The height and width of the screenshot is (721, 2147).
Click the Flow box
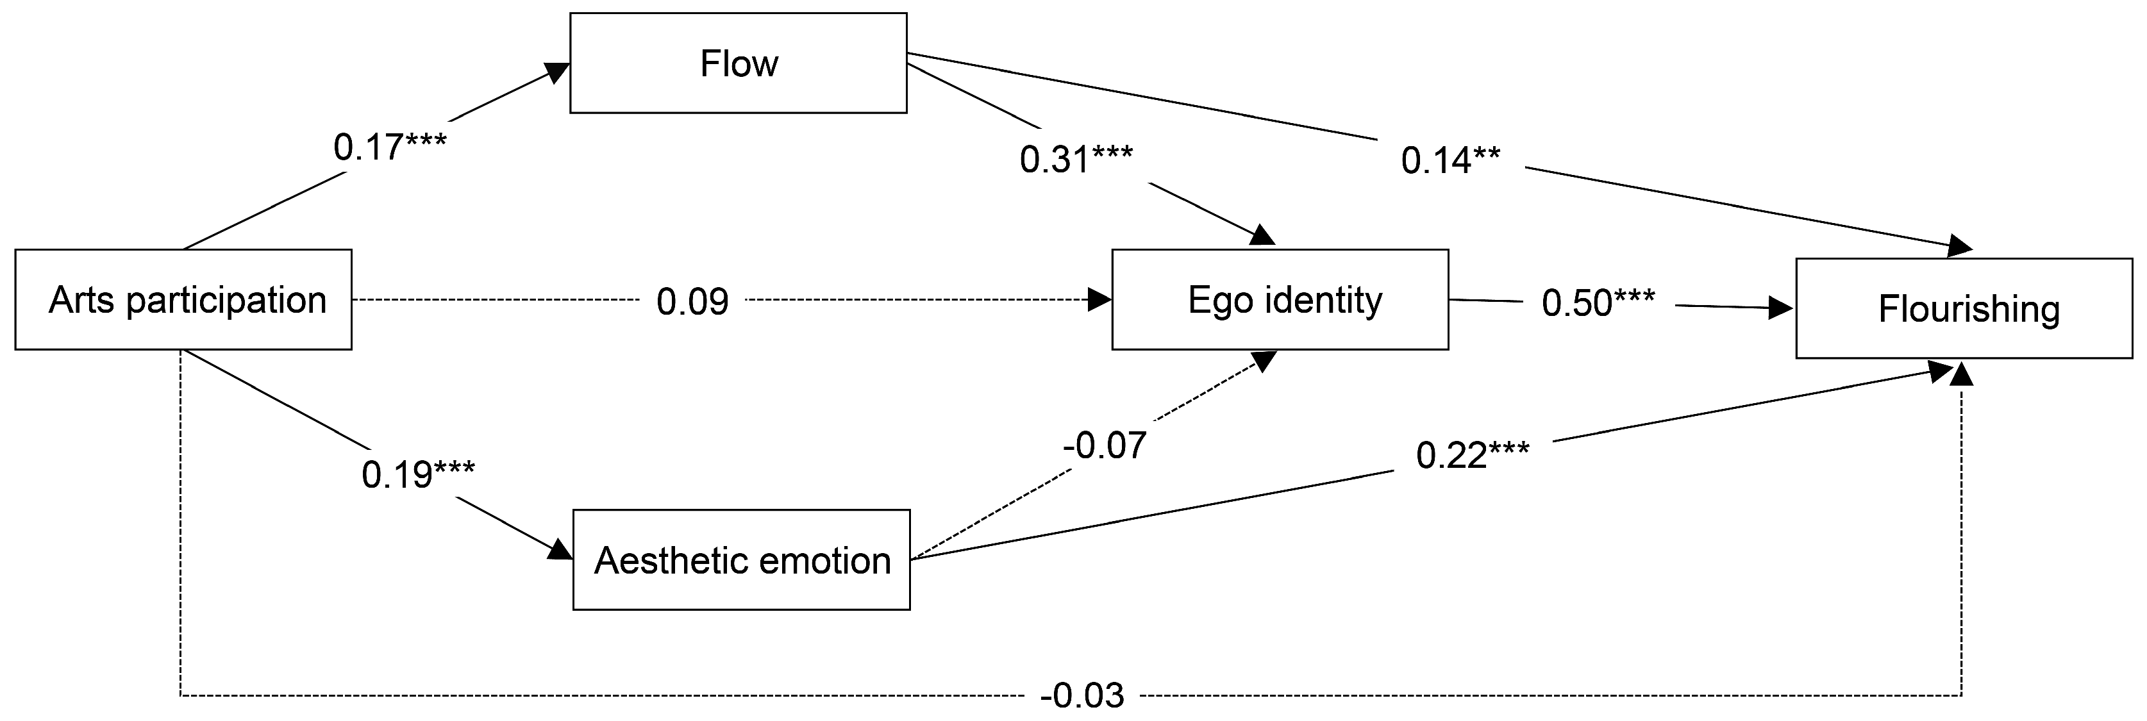click(739, 63)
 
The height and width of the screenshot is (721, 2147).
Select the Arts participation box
click(183, 299)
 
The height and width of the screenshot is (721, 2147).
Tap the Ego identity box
click(1280, 299)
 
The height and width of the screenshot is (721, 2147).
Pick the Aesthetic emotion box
click(741, 560)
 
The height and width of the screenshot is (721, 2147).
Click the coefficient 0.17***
click(390, 147)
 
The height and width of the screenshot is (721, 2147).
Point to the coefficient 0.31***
click(1076, 159)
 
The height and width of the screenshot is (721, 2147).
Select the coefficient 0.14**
click(1450, 160)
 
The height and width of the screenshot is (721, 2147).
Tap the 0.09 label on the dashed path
click(692, 302)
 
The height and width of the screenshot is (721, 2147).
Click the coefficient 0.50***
click(1598, 302)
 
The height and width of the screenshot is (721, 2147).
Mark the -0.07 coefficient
click(1105, 446)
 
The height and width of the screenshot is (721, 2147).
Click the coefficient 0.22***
click(1473, 456)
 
